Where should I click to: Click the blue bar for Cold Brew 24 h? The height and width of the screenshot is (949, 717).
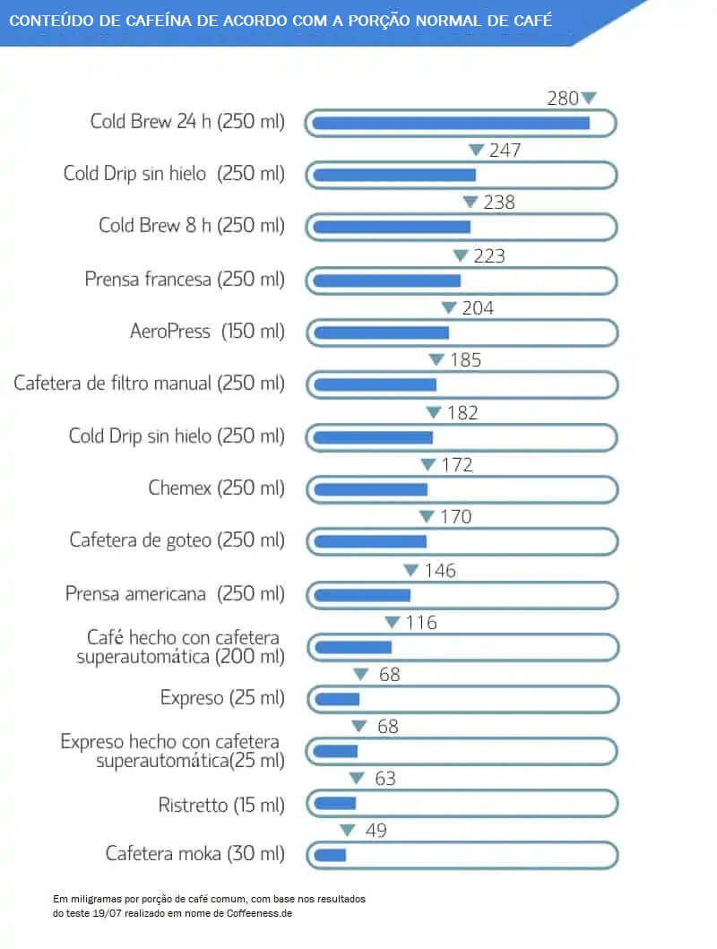click(451, 123)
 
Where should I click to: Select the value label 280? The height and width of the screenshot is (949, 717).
click(563, 99)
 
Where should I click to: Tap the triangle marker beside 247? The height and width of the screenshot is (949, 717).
click(476, 151)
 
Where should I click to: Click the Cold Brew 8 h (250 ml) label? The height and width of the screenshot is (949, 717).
click(192, 225)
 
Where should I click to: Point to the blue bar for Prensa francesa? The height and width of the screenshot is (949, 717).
click(386, 280)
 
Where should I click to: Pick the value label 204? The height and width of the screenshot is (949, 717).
click(478, 308)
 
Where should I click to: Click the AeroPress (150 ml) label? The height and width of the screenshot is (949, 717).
click(207, 331)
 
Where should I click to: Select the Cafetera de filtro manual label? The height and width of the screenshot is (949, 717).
click(150, 383)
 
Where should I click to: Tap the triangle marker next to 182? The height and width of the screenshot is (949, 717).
click(433, 413)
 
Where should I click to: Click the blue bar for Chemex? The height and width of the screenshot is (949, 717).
click(370, 489)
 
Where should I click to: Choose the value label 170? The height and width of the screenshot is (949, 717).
click(456, 517)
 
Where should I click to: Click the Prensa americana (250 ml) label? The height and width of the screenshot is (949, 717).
click(175, 593)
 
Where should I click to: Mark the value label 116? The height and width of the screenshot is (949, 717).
click(420, 623)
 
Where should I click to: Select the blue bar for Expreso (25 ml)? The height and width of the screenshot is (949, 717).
click(336, 699)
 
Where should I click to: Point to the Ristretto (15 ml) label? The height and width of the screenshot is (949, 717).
click(221, 805)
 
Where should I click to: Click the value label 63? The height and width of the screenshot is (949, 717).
click(385, 779)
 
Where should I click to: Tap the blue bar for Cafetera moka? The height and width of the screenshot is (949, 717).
click(329, 855)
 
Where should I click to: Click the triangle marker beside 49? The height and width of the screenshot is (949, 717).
click(347, 831)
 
